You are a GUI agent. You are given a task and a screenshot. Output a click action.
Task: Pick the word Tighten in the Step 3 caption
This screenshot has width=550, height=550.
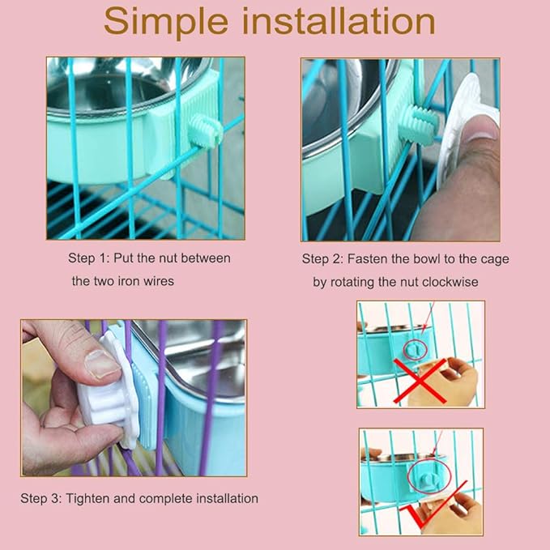87,498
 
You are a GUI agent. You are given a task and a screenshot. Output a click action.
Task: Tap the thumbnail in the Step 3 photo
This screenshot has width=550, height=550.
103,364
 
